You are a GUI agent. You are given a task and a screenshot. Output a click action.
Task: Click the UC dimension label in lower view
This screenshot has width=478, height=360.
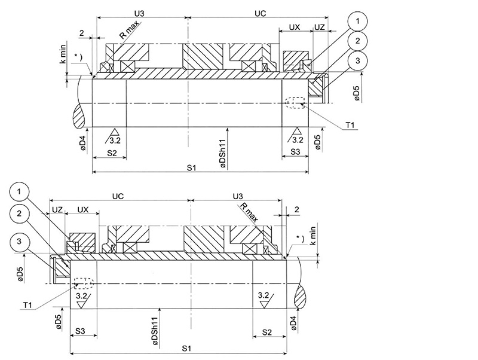click(x=118, y=196)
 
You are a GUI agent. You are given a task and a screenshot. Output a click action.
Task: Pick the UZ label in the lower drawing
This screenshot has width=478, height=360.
click(x=57, y=210)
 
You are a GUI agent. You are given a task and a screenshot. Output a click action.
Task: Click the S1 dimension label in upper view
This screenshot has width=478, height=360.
click(x=192, y=168)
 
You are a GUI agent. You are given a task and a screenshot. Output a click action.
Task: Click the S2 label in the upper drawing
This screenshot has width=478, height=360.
click(x=109, y=154)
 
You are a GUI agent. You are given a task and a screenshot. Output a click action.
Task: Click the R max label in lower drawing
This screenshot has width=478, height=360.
click(x=250, y=210)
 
